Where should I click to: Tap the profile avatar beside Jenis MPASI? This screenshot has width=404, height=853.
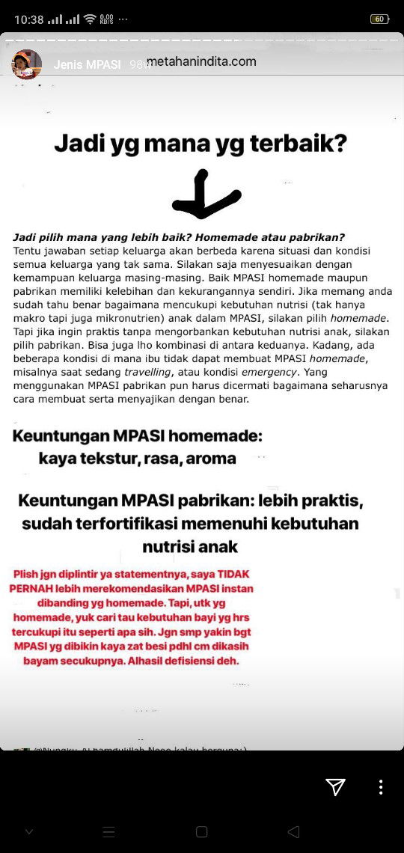click(x=26, y=64)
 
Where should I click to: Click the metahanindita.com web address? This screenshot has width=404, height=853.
click(x=201, y=61)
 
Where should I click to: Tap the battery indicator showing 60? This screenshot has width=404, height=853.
click(x=379, y=19)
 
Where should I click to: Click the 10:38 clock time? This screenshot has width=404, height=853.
click(x=28, y=19)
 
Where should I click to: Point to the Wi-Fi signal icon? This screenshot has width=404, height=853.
click(x=90, y=19)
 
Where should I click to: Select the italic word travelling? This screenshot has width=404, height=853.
click(x=152, y=372)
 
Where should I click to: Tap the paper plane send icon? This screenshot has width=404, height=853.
click(x=335, y=786)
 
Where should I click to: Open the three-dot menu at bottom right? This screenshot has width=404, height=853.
click(x=381, y=786)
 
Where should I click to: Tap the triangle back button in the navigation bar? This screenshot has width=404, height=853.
click(x=293, y=831)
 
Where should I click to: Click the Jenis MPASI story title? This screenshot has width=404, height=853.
click(x=87, y=64)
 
